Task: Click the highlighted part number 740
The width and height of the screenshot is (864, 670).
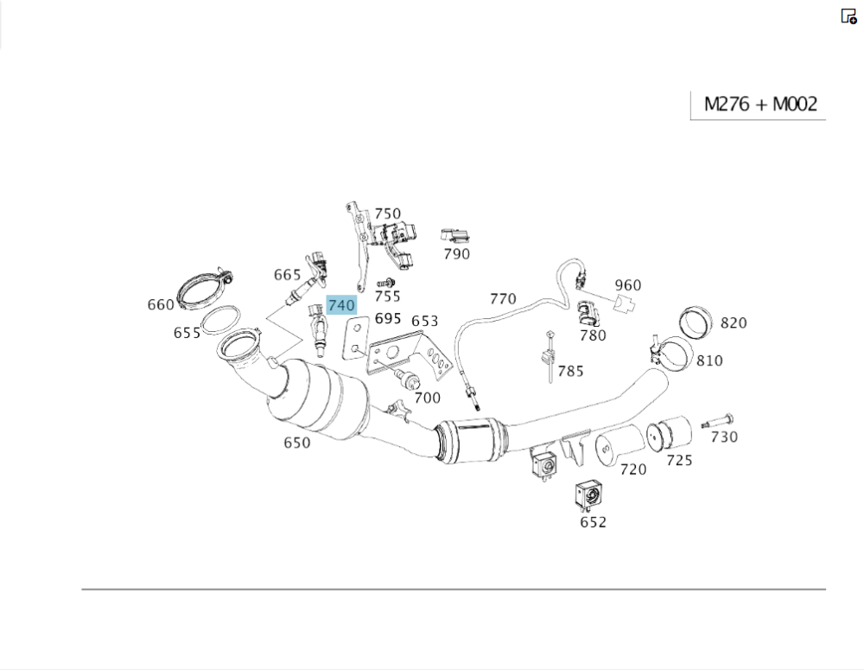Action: click(341, 305)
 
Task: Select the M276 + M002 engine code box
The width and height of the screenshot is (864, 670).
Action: click(759, 105)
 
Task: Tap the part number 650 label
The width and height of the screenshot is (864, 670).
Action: click(296, 443)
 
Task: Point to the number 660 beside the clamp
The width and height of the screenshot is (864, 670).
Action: click(161, 304)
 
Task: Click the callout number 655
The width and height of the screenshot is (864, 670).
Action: click(187, 333)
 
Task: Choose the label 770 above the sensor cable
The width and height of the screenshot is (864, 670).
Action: click(503, 299)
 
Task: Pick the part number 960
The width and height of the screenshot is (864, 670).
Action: click(628, 285)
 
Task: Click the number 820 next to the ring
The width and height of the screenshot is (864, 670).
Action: click(733, 322)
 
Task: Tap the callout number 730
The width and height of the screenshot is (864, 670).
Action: click(724, 437)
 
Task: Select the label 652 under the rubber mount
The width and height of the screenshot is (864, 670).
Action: click(593, 521)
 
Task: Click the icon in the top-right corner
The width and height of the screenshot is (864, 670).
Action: click(848, 16)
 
